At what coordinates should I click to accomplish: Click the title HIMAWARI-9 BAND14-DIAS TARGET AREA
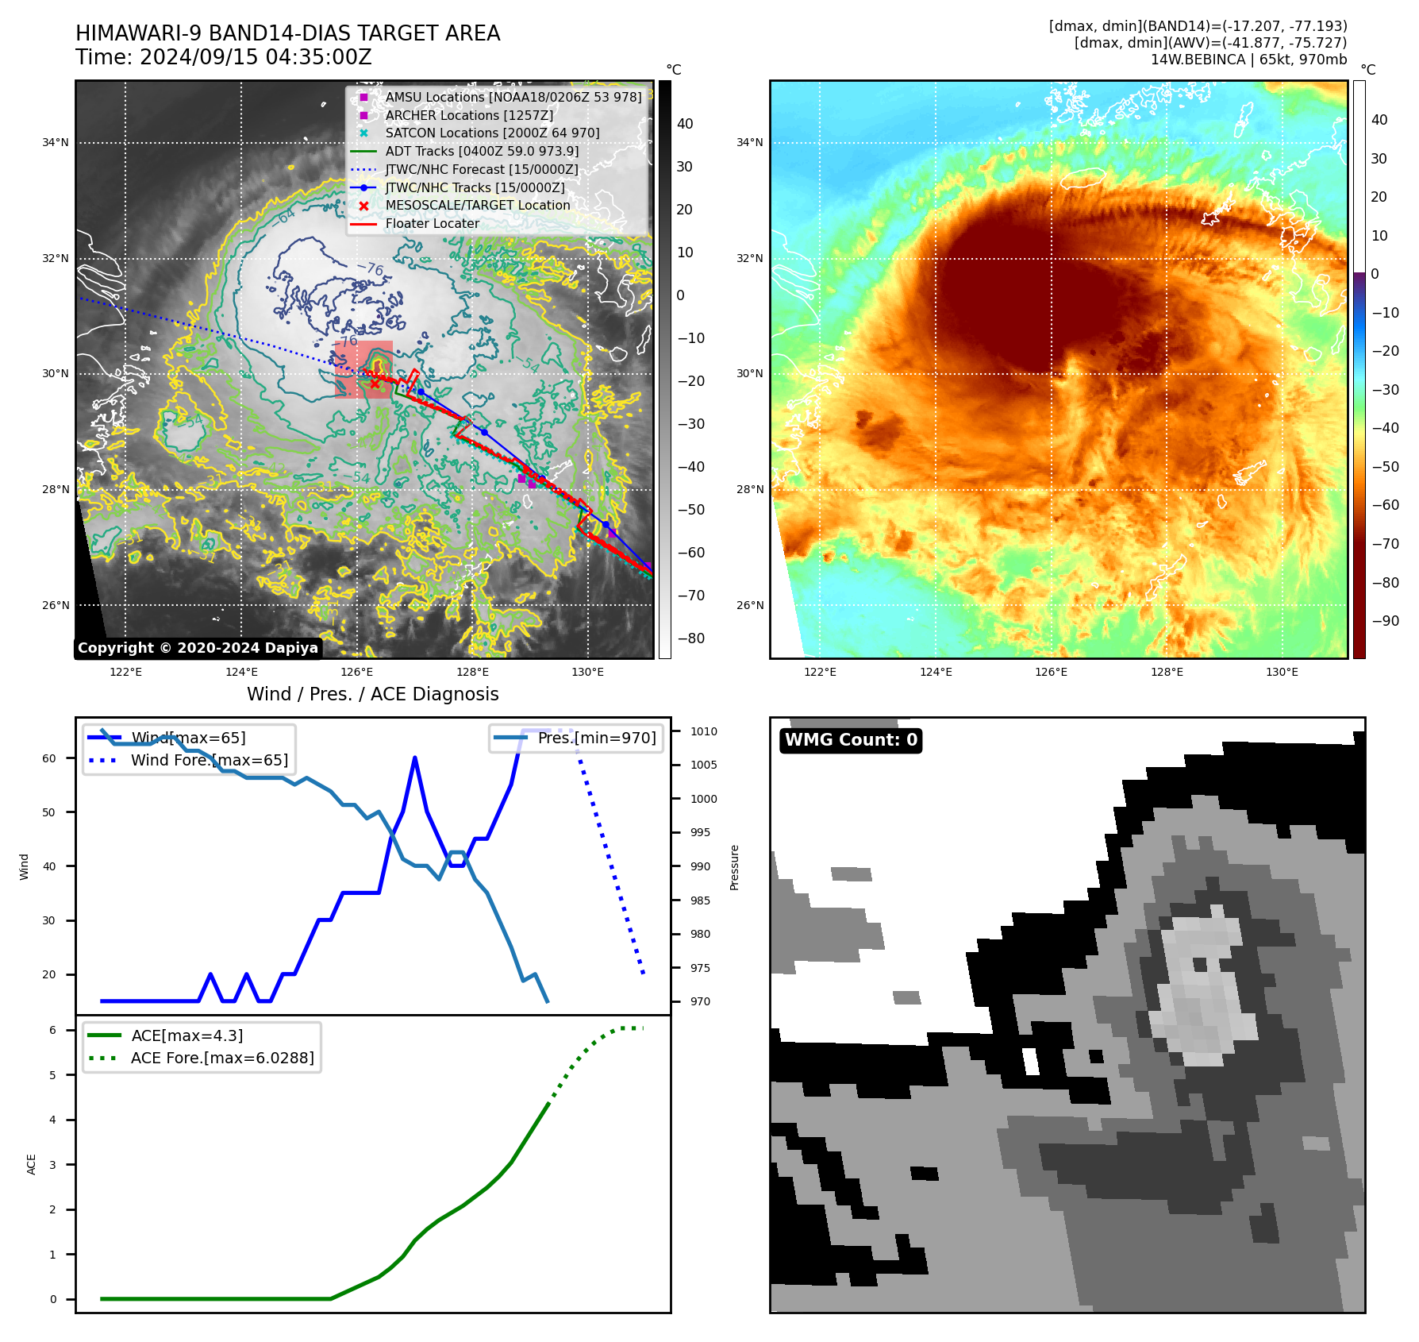pos(287,33)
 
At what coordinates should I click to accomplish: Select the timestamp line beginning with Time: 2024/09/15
pos(223,57)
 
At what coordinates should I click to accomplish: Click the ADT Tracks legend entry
pos(482,151)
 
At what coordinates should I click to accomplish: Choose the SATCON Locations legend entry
pos(492,133)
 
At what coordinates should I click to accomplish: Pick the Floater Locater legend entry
pos(432,223)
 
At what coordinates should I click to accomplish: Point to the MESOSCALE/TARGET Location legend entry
pos(477,205)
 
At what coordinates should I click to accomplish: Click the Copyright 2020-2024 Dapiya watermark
pos(198,648)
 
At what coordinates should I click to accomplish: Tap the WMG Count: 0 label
pos(851,740)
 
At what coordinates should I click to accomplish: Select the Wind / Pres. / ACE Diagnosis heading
pos(372,694)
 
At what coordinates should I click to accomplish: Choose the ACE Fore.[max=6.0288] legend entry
pos(221,1058)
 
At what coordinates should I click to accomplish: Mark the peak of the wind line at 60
pos(415,758)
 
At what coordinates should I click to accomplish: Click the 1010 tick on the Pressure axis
pos(703,731)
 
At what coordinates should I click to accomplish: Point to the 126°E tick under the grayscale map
pos(356,672)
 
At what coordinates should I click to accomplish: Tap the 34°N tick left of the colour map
pos(749,143)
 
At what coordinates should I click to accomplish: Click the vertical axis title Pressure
pos(734,866)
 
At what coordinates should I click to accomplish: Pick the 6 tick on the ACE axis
pos(52,1030)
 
